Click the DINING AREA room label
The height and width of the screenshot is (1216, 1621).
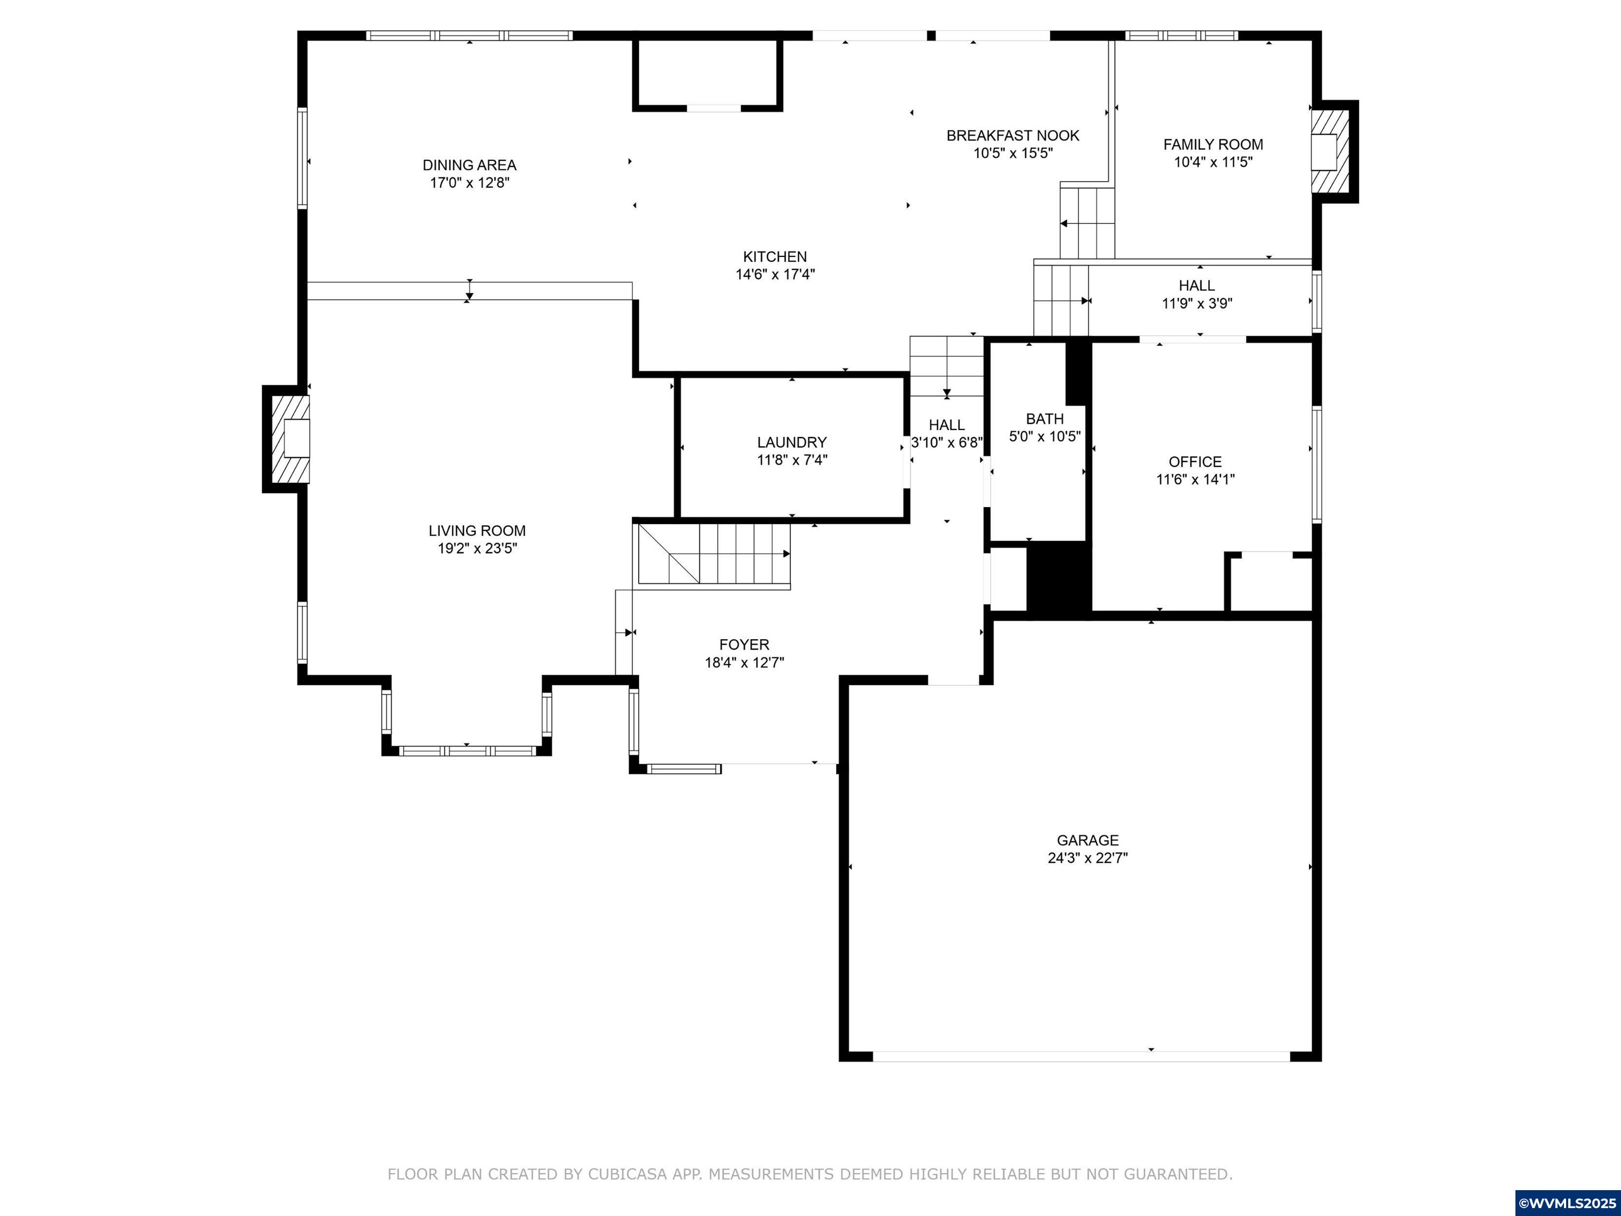coord(469,165)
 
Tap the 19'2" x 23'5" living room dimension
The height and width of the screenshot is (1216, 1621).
coord(477,549)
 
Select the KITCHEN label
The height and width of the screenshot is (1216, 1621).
coord(774,256)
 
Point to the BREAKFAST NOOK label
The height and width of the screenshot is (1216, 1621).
coord(1013,136)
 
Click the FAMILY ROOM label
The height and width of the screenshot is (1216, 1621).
coord(1213,144)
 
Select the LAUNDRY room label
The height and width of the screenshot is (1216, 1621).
coord(791,442)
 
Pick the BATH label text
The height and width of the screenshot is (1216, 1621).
coord(1044,419)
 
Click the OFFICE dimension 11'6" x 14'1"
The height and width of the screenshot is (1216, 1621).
coord(1195,480)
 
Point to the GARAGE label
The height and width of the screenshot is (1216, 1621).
coord(1087,840)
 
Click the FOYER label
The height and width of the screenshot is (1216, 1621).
coord(744,644)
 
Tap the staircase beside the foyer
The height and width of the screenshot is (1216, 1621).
coord(715,555)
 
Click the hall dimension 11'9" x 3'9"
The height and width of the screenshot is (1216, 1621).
coord(1197,303)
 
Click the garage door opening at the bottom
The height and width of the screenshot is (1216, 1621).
coord(1081,1056)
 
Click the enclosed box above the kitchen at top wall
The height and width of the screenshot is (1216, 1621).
coord(708,73)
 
